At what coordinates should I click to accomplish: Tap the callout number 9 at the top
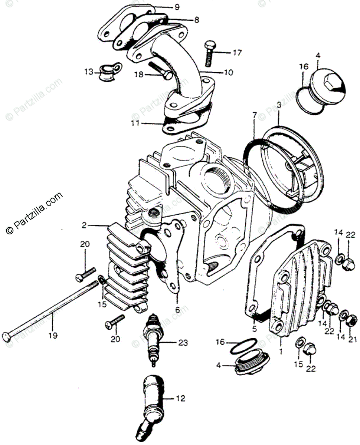click(177, 7)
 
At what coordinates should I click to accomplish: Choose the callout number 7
click(254, 115)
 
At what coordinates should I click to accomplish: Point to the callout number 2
click(84, 225)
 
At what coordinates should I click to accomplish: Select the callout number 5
click(254, 328)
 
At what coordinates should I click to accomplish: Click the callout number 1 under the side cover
click(281, 350)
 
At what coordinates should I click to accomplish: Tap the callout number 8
click(196, 19)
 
